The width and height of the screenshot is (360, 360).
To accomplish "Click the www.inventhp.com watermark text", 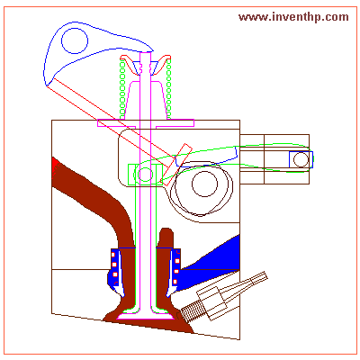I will click(292, 17).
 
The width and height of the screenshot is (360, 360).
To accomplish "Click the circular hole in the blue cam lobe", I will click(73, 40).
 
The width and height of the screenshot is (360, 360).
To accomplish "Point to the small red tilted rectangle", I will click(176, 158).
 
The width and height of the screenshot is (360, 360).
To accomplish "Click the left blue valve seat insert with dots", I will click(114, 265).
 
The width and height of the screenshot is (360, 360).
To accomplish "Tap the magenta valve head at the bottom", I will click(145, 317).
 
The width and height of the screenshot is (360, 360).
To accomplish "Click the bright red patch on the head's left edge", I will click(58, 166).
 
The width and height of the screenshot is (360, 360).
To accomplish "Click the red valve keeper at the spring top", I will click(145, 66).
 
